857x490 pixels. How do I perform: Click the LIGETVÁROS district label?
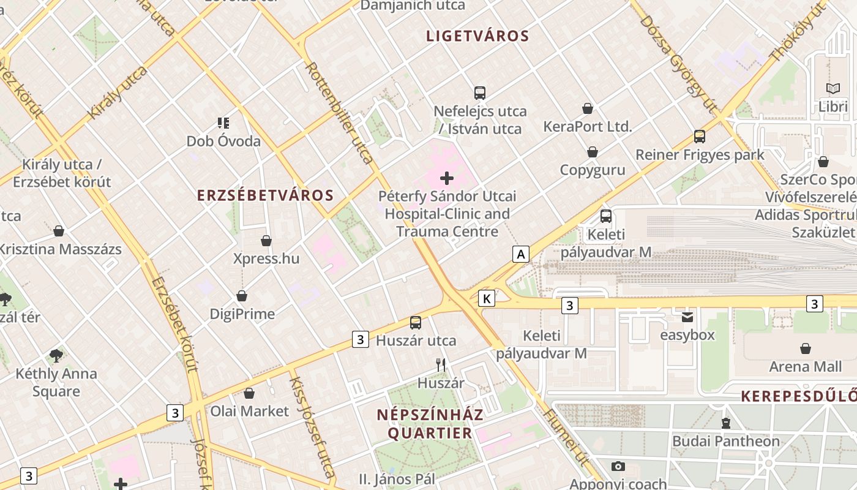[x=477, y=36]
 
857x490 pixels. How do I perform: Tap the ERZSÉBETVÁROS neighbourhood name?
[x=265, y=195]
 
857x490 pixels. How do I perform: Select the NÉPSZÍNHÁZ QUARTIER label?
[x=430, y=424]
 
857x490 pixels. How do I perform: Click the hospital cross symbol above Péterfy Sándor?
[x=447, y=178]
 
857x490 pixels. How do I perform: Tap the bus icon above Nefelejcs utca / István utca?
[x=480, y=93]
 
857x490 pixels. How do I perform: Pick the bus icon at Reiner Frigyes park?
[x=699, y=137]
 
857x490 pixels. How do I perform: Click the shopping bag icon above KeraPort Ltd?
[x=588, y=108]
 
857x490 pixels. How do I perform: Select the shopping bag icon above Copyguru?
[x=593, y=152]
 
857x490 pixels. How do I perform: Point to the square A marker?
[x=520, y=254]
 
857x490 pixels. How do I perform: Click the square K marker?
[x=487, y=298]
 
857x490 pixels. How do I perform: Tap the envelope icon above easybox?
[x=687, y=317]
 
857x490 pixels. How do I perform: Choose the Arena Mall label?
[x=805, y=367]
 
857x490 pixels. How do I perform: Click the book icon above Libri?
[x=833, y=89]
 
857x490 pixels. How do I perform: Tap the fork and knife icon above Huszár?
[x=441, y=365]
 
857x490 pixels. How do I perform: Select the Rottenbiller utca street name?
[x=339, y=113]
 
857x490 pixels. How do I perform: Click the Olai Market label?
[x=249, y=411]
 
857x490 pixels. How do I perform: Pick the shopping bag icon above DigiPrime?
[x=242, y=296]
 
